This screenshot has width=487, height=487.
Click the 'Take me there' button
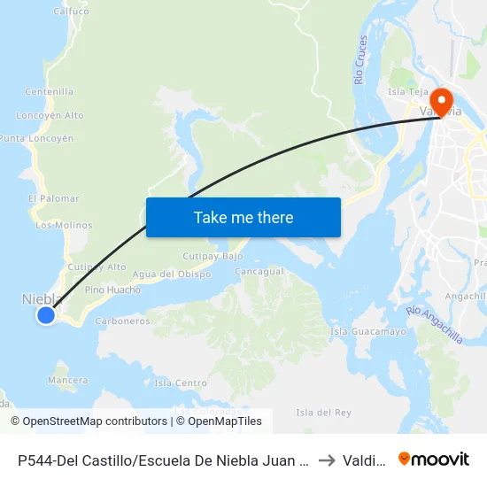point(243,217)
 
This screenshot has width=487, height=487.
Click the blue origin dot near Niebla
point(46,314)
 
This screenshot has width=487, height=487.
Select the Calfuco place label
point(72,12)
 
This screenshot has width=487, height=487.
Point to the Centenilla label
point(50,91)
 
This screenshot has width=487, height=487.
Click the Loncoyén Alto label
point(50,115)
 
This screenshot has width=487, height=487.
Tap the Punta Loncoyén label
point(36,139)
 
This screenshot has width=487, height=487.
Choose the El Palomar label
point(54,198)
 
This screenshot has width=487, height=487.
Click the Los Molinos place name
point(64,225)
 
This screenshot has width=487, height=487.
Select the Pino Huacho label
point(112,290)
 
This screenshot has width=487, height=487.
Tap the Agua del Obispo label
point(171,274)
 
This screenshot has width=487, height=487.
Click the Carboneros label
point(122,321)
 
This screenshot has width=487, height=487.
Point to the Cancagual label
point(259,271)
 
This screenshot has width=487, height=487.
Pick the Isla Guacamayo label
point(368,331)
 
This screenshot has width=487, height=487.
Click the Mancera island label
point(68,380)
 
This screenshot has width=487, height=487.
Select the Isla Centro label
point(181,383)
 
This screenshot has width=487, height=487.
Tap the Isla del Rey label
point(323,413)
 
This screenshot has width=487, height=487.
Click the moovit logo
point(434,459)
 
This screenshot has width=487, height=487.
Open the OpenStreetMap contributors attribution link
point(89,421)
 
